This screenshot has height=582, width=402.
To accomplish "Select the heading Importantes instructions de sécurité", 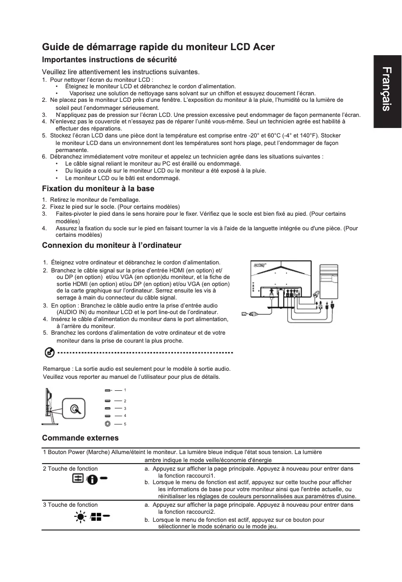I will pos(109,60).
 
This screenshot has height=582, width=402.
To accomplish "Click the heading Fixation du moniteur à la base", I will pos(98,189).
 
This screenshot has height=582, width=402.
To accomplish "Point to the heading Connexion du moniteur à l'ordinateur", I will pos(111,245).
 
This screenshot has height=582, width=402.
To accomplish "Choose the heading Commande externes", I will pos(80,438).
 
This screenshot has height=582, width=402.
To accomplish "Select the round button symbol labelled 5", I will pos(108,424).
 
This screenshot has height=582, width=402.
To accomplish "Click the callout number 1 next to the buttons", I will pos(125,390).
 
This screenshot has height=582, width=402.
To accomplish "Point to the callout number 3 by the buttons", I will pos(125,408).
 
